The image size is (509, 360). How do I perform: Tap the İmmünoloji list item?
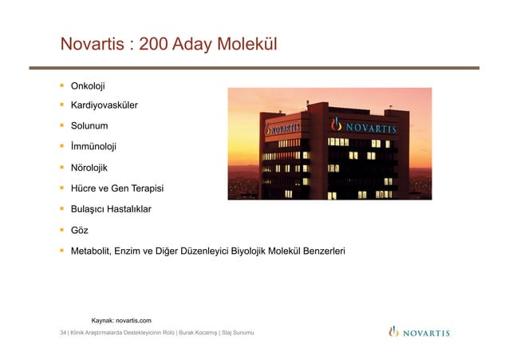pos(93,146)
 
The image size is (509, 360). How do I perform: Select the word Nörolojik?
pos(92,168)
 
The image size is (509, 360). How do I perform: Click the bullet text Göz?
pos(79,230)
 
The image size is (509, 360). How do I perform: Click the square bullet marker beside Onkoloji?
pos(61,85)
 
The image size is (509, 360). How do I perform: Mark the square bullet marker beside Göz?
pos(61,230)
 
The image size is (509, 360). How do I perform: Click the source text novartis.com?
pos(134,319)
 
